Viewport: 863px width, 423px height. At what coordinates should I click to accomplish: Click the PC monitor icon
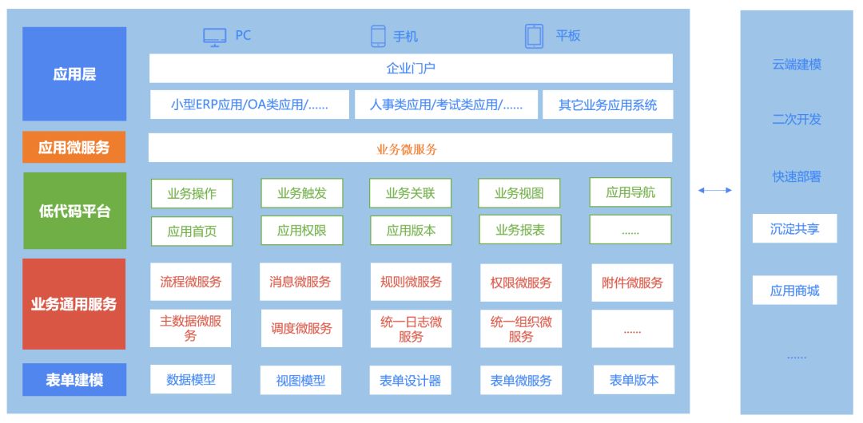(214, 37)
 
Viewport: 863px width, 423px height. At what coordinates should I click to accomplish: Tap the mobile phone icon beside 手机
(378, 36)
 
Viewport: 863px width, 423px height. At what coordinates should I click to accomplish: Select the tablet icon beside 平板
(534, 36)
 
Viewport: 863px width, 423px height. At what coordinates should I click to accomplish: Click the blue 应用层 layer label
(74, 74)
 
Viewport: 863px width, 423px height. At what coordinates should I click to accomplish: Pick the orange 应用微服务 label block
(74, 147)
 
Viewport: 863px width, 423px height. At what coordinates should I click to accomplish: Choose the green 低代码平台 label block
(74, 211)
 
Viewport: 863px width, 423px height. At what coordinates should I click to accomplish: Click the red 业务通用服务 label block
(74, 304)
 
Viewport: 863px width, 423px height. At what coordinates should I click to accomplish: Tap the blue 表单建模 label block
(74, 380)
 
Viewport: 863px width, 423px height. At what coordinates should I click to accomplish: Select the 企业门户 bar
(411, 69)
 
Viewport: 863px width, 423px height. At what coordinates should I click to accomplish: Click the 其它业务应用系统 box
(607, 105)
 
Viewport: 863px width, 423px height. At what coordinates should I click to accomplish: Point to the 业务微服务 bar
(410, 148)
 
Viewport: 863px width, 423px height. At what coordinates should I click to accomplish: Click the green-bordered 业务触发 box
(301, 193)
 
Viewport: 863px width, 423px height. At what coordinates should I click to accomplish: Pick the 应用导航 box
(630, 192)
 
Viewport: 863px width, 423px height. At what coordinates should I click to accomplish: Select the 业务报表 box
(519, 230)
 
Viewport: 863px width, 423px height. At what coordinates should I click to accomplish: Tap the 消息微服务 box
(300, 282)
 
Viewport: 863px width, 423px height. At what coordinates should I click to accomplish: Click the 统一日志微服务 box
(410, 329)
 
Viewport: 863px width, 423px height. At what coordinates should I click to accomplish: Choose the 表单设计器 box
(410, 381)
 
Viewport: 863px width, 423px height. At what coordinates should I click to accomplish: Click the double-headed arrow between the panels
(714, 190)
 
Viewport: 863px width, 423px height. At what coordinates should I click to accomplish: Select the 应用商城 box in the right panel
(794, 291)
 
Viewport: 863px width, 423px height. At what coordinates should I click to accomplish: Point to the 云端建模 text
(796, 65)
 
